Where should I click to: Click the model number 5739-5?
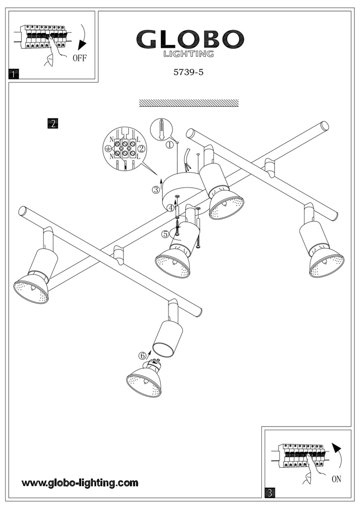189,72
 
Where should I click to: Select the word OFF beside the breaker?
80,58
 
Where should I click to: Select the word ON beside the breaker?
336,479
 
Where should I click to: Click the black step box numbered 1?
14,74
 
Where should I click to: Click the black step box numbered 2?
52,123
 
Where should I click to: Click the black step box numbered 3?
270,492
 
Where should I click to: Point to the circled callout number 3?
156,190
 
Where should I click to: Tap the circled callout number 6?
143,356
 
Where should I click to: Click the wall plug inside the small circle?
161,129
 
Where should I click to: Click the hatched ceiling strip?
189,103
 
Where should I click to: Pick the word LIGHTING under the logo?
188,53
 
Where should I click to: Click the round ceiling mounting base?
181,191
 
